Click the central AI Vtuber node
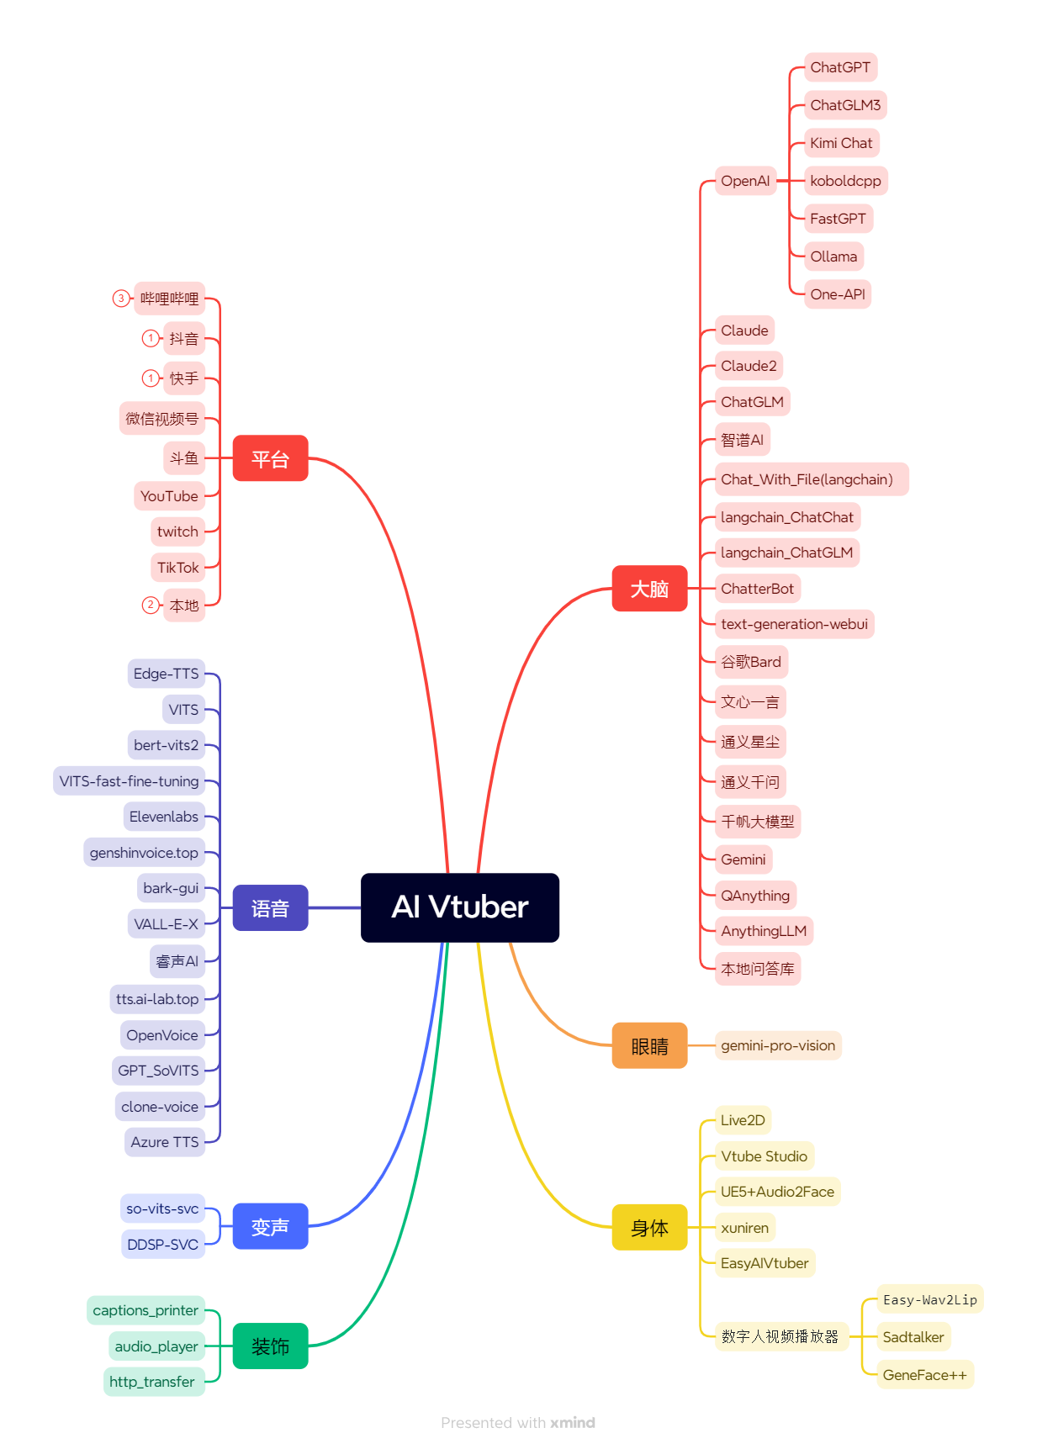pos(459,907)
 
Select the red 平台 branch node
pos(270,458)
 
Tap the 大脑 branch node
pos(649,589)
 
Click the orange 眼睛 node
pos(649,1045)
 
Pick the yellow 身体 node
pos(649,1227)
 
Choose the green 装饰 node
pos(270,1346)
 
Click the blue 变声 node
pos(270,1226)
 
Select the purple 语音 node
pos(270,907)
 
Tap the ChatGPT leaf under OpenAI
pos(840,67)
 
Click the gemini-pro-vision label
pos(778,1045)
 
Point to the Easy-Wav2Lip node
pos(929,1299)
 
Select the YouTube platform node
pos(169,496)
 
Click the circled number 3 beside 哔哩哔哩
pos(121,299)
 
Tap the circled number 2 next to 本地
pos(150,605)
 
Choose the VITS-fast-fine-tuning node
pos(130,781)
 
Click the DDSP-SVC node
pos(162,1245)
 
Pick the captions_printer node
pos(145,1310)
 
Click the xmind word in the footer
pos(573,1423)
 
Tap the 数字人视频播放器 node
pos(780,1336)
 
